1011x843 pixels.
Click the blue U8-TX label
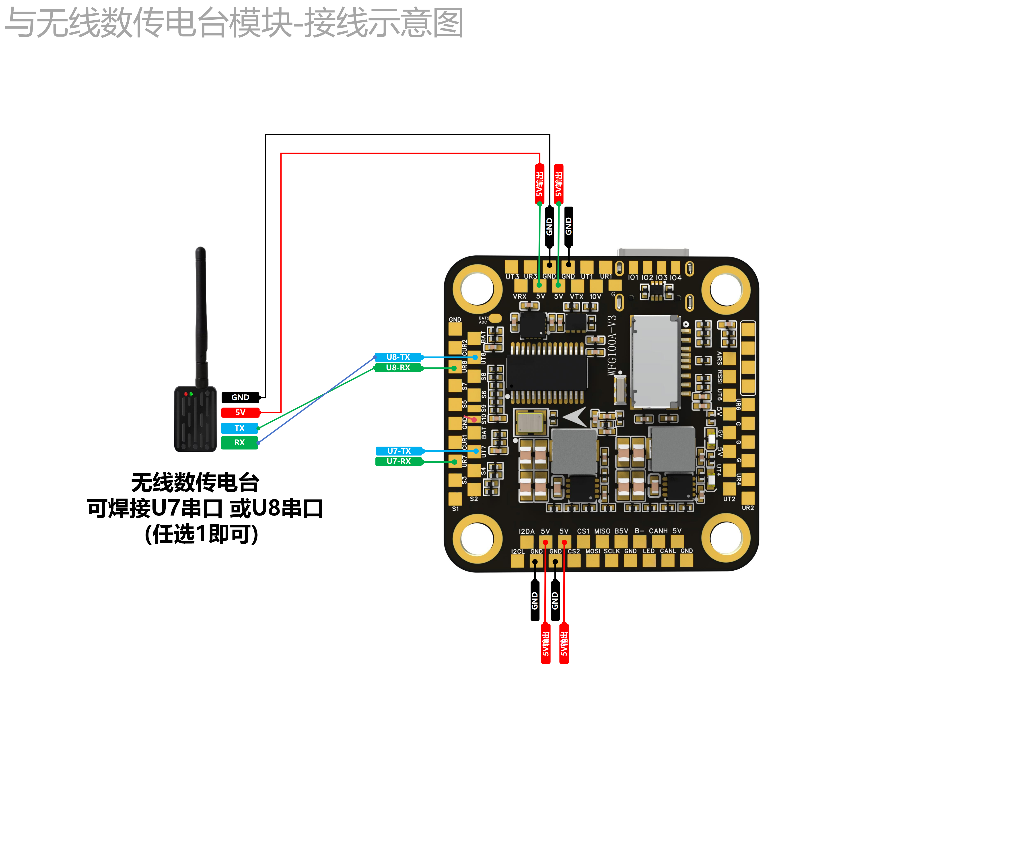coord(398,357)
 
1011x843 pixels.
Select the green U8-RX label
coord(398,368)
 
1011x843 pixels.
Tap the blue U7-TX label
coord(399,451)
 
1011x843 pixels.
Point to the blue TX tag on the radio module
coord(239,428)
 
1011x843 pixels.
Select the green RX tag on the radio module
coord(239,442)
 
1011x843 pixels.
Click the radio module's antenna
coord(201,313)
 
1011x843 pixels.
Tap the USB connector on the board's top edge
coord(653,253)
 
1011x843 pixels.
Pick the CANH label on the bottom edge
coord(658,531)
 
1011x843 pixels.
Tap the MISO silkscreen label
coord(602,531)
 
